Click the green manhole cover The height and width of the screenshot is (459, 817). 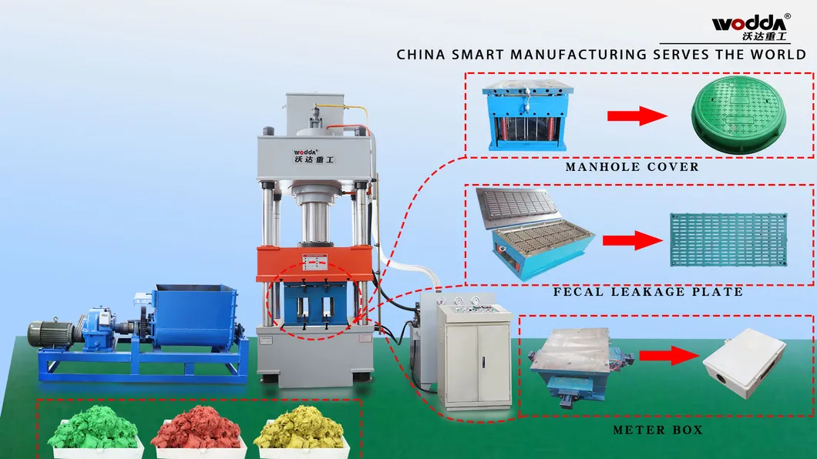pyautogui.click(x=738, y=115)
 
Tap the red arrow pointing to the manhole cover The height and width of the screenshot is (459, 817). pyautogui.click(x=637, y=116)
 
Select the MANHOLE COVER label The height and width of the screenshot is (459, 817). pyautogui.click(x=632, y=167)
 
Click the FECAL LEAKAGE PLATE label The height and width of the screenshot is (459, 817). pyautogui.click(x=648, y=291)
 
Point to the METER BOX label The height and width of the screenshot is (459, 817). pyautogui.click(x=657, y=430)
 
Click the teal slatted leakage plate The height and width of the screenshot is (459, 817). pyautogui.click(x=728, y=240)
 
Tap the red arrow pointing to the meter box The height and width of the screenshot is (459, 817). pyautogui.click(x=669, y=356)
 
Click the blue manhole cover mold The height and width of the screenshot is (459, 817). pyautogui.click(x=527, y=116)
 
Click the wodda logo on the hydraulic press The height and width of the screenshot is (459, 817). pyautogui.click(x=313, y=156)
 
